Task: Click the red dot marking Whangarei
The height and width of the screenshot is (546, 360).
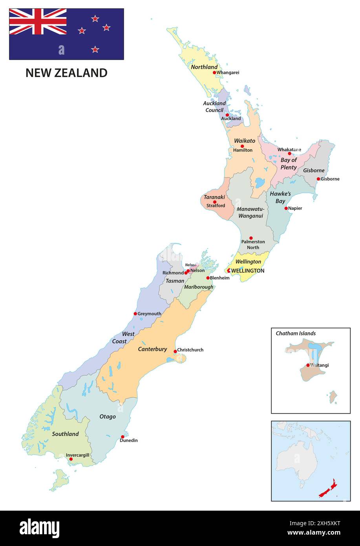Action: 214,72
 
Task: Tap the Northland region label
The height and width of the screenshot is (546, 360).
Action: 204,67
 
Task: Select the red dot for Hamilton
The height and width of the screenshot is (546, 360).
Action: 242,146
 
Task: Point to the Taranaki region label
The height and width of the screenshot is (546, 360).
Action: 214,197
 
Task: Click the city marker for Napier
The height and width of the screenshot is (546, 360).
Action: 286,208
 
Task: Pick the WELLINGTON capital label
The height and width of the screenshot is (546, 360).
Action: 247,271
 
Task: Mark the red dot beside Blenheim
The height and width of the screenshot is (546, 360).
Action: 208,278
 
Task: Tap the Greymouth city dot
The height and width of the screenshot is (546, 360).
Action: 135,313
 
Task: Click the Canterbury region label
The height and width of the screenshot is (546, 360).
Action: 152,349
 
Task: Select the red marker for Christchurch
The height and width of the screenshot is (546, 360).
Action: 175,351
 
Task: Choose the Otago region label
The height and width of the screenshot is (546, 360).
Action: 108,416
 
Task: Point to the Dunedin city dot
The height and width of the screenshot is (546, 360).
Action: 122,437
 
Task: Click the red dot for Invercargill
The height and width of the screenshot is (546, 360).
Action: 71,459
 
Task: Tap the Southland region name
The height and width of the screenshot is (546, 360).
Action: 66,434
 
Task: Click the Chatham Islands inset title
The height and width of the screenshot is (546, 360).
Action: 296,333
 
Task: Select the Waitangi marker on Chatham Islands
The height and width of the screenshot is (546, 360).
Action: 308,365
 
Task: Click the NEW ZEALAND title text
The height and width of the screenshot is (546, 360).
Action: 66,73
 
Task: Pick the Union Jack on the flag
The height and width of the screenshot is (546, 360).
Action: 38,22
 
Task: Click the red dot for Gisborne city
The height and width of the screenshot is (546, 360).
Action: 318,179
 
